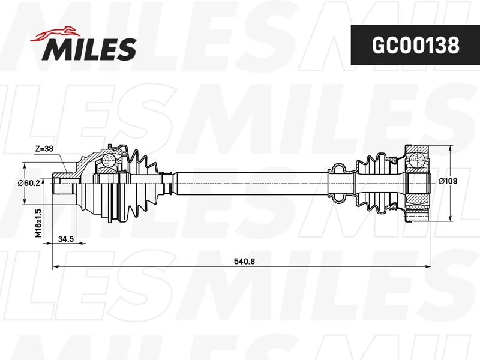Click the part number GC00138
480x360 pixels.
click(415, 45)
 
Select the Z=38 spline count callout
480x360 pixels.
click(44, 149)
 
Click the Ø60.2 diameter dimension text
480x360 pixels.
click(28, 183)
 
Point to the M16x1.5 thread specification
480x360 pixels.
click(38, 223)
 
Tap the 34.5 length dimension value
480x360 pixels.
click(66, 238)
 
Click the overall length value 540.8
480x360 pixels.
click(244, 262)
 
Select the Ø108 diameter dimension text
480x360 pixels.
click(448, 181)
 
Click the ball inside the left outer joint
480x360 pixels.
click(108, 160)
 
